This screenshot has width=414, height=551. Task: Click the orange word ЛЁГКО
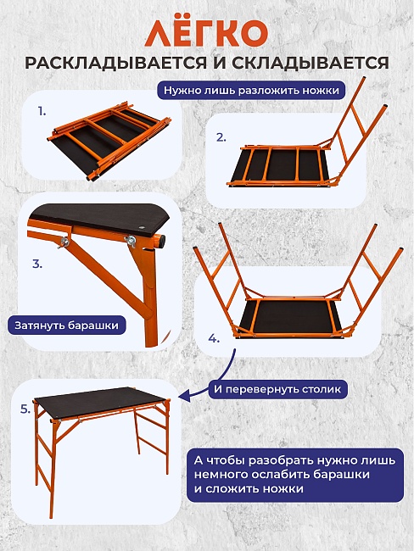pos(206,33)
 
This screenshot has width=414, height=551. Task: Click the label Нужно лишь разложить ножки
pos(251,91)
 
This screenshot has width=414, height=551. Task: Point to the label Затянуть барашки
pos(66,325)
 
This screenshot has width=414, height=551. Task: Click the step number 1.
pos(42,112)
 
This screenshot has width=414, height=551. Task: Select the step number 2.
pos(221,137)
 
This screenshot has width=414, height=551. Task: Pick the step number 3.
pos(37,264)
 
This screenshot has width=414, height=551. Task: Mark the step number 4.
pos(214,339)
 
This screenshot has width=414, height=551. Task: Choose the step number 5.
pos(25,409)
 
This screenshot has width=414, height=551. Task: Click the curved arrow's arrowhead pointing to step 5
pos(184,397)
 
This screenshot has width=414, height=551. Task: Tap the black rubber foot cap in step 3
pos(161,241)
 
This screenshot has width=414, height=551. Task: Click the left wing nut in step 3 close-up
pos(64,242)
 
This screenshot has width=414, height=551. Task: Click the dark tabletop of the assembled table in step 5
pos(101,403)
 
